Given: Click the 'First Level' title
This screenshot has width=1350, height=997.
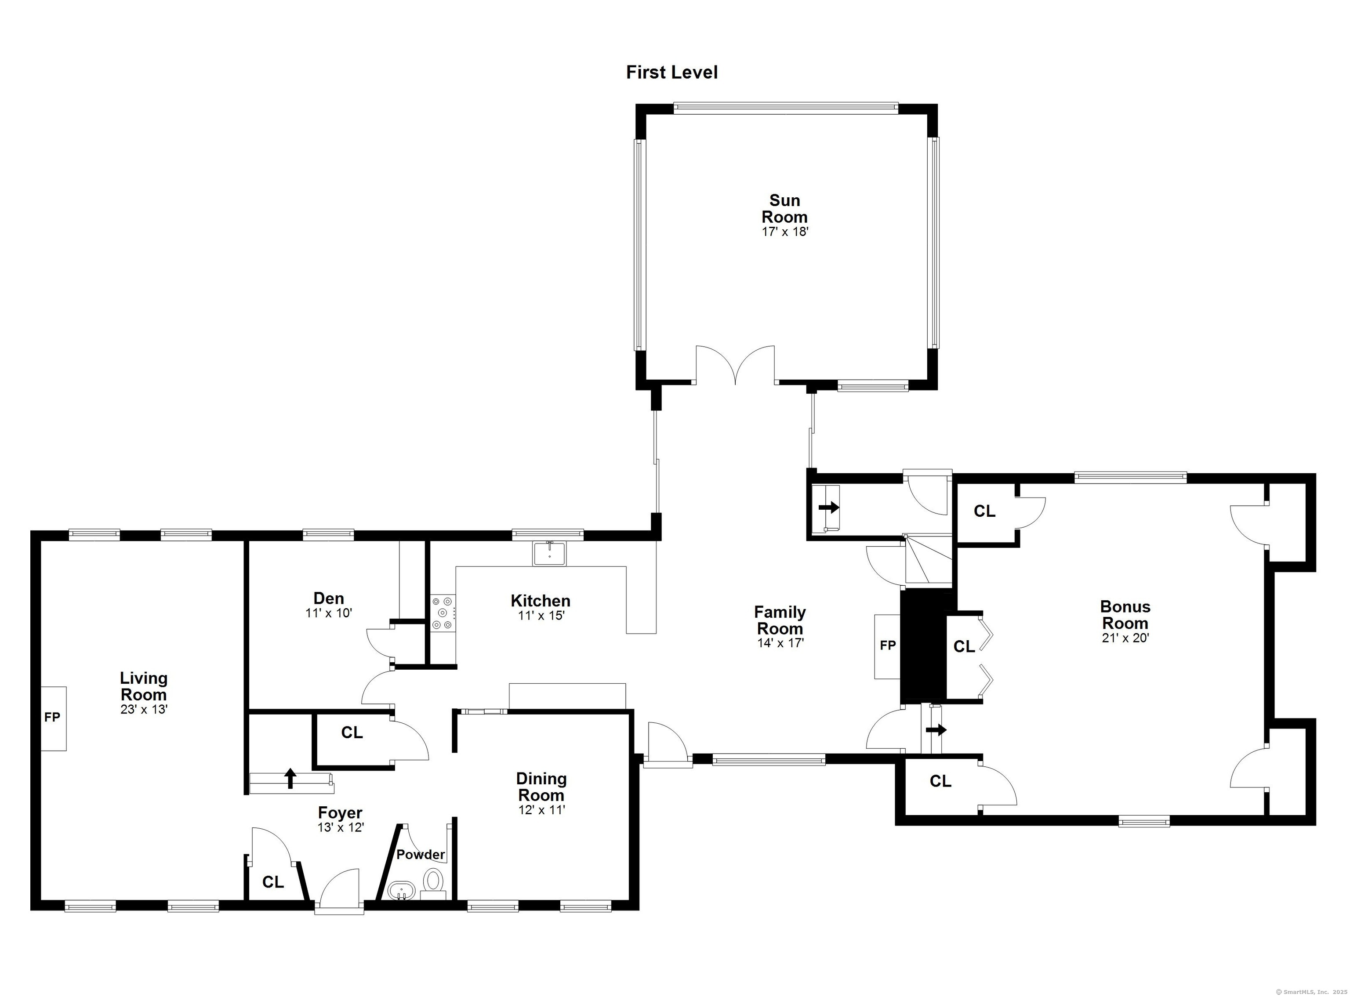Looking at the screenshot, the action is pyautogui.click(x=671, y=73).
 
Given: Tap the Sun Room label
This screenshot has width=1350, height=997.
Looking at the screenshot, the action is pyautogui.click(x=784, y=208).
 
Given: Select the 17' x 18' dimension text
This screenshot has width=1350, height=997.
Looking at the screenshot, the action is pyautogui.click(x=784, y=232).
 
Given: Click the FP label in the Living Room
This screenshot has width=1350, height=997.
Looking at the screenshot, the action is pyautogui.click(x=52, y=717).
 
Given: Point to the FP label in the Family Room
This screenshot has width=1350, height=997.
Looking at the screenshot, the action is pyautogui.click(x=887, y=645).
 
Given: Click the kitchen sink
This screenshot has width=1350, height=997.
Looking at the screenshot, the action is pyautogui.click(x=549, y=553).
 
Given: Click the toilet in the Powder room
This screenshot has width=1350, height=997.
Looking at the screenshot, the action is pyautogui.click(x=433, y=882).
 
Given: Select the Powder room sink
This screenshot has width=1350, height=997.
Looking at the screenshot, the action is pyautogui.click(x=401, y=890).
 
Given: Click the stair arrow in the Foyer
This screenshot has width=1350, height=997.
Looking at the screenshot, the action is pyautogui.click(x=290, y=779).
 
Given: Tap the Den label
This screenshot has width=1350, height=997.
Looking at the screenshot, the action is pyautogui.click(x=328, y=598).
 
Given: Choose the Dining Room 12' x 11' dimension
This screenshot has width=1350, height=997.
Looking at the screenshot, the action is pyautogui.click(x=541, y=810).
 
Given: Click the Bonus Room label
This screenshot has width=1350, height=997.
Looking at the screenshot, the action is pyautogui.click(x=1125, y=615).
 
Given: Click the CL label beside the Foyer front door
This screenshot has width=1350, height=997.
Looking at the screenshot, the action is pyautogui.click(x=273, y=882).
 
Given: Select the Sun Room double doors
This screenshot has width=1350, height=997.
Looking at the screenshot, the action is pyautogui.click(x=735, y=365).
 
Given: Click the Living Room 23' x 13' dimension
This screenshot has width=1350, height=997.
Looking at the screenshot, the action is pyautogui.click(x=144, y=710).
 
